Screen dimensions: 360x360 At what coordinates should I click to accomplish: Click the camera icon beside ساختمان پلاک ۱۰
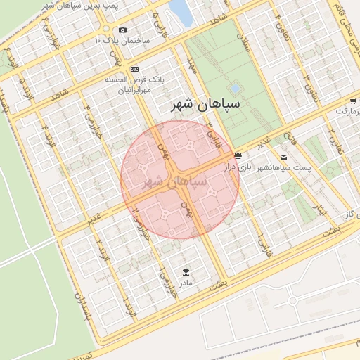123,30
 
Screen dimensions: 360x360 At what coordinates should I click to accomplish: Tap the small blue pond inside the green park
235,89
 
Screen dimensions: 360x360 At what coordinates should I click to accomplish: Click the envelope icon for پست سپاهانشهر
283,157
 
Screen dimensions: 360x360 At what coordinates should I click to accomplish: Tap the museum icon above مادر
186,272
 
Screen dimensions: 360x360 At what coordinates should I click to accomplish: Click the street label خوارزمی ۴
89,117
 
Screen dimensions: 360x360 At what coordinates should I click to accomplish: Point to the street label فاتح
288,131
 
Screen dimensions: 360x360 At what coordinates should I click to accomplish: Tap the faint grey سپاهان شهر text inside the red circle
175,180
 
